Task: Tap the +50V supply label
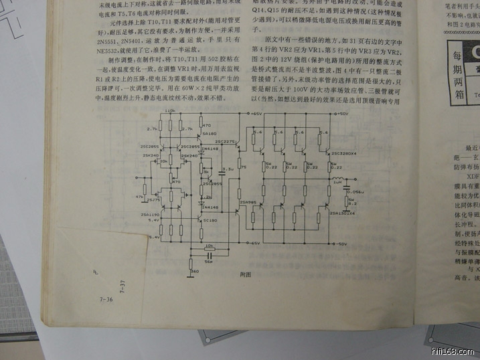tap(342, 114)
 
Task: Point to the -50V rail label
tap(342, 244)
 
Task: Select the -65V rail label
tap(255, 244)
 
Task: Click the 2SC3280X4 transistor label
tap(343, 153)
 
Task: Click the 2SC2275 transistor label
tap(227, 142)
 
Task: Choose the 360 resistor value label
tap(195, 271)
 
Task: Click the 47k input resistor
tap(141, 197)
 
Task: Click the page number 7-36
tap(106, 300)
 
